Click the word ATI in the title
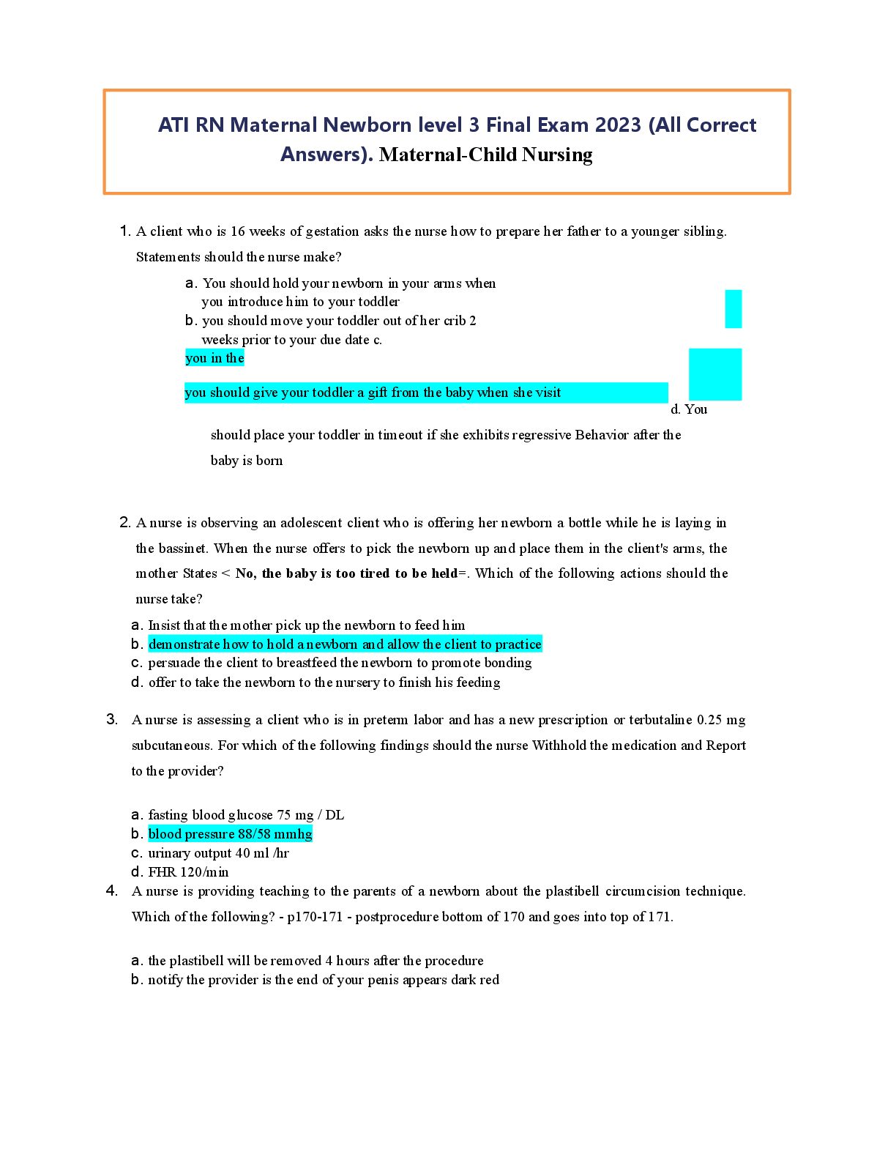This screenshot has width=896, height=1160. (173, 125)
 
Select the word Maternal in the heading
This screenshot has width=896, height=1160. (273, 125)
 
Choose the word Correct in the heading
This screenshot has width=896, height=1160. (721, 125)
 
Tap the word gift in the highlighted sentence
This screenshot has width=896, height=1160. (378, 393)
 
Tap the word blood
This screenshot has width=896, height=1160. (165, 834)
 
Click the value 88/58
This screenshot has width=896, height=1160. (254, 834)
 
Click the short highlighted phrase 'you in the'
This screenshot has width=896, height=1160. (214, 358)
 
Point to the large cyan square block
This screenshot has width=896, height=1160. (715, 374)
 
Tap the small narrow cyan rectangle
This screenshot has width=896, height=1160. (733, 309)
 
